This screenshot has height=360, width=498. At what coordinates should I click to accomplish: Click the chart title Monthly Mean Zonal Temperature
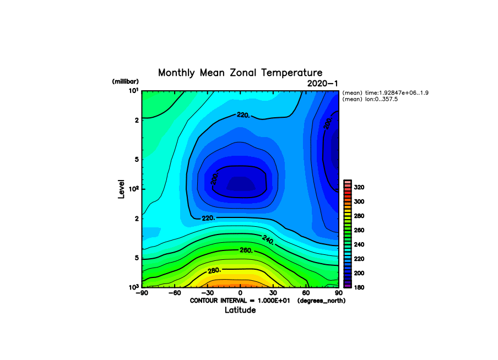coord(240,73)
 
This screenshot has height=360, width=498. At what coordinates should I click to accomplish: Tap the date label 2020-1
coord(322,84)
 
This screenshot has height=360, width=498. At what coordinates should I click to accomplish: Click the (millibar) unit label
coord(126,81)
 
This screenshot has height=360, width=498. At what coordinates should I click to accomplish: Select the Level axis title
coord(121,189)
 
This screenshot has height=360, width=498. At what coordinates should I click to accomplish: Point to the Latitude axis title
coord(240,310)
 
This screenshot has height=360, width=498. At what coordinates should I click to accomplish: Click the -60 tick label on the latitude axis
coord(175,293)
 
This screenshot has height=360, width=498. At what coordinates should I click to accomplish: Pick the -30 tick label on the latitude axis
coord(207,293)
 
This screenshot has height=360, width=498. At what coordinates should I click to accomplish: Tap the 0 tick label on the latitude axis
coord(240,293)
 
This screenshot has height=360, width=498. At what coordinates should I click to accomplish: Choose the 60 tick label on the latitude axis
coord(306,293)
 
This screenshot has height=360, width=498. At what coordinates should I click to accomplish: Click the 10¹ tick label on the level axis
coord(134,91)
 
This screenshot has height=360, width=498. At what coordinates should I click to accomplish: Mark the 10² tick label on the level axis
coord(134,189)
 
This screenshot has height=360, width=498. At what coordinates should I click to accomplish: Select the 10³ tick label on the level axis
coord(134,287)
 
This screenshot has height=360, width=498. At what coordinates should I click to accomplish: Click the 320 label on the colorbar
coord(359,187)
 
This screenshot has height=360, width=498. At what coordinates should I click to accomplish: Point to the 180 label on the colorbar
coord(359,287)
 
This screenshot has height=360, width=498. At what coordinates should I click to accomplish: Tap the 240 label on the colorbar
coord(359,244)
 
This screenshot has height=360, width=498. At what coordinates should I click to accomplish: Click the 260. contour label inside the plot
coord(246,250)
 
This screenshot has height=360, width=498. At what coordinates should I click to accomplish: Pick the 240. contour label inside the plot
coord(268,240)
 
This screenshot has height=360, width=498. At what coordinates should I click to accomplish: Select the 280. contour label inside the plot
coord(214,270)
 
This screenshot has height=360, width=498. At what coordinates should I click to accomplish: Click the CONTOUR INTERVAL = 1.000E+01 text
coord(240,301)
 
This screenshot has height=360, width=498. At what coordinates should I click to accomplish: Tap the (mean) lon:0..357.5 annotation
coord(370,100)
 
